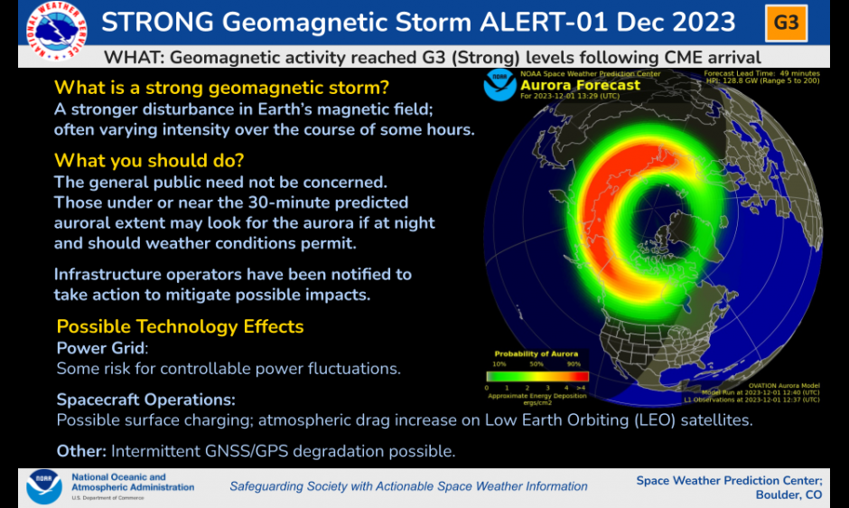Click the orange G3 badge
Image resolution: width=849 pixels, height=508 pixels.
pyautogui.click(x=787, y=23)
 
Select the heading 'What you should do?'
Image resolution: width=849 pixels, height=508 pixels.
pyautogui.click(x=149, y=161)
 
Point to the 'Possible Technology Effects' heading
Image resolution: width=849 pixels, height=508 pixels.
pyautogui.click(x=180, y=326)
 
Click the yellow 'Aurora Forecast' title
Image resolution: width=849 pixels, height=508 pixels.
pyautogui.click(x=580, y=86)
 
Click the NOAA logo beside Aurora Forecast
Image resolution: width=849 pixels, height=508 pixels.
pyautogui.click(x=499, y=84)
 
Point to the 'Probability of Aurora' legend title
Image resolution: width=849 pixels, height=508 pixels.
pyautogui.click(x=536, y=353)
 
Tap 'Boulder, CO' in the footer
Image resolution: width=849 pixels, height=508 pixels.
pyautogui.click(x=788, y=494)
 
